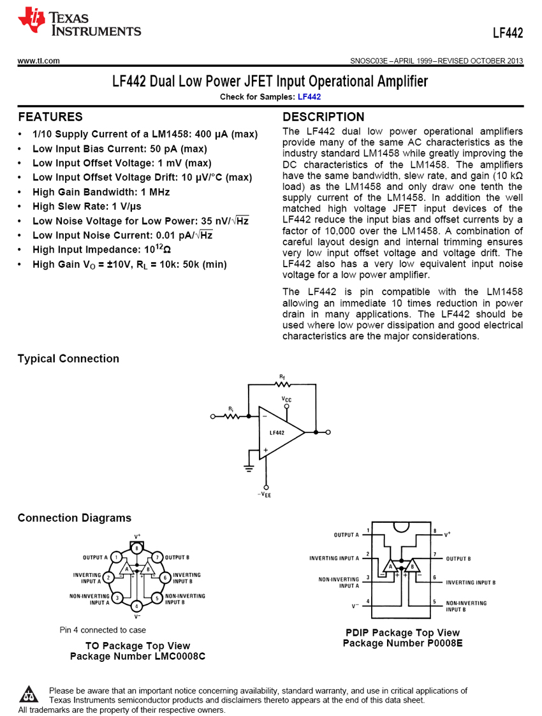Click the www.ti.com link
pyautogui.click(x=39, y=61)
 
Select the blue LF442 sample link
pyautogui.click(x=309, y=97)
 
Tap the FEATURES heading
pyautogui.click(x=50, y=117)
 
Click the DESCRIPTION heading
pyautogui.click(x=323, y=117)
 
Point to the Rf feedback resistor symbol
pyautogui.click(x=282, y=384)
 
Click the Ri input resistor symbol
pyautogui.click(x=231, y=416)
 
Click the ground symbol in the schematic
pyautogui.click(x=249, y=469)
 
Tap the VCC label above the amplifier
pyautogui.click(x=287, y=398)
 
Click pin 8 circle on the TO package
pyautogui.click(x=136, y=548)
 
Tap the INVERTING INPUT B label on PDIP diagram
pyautogui.click(x=471, y=582)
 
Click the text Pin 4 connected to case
pyautogui.click(x=103, y=630)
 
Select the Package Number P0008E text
pyautogui.click(x=402, y=643)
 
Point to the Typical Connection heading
pyautogui.click(x=68, y=359)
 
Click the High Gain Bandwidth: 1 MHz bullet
pyautogui.click(x=101, y=192)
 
